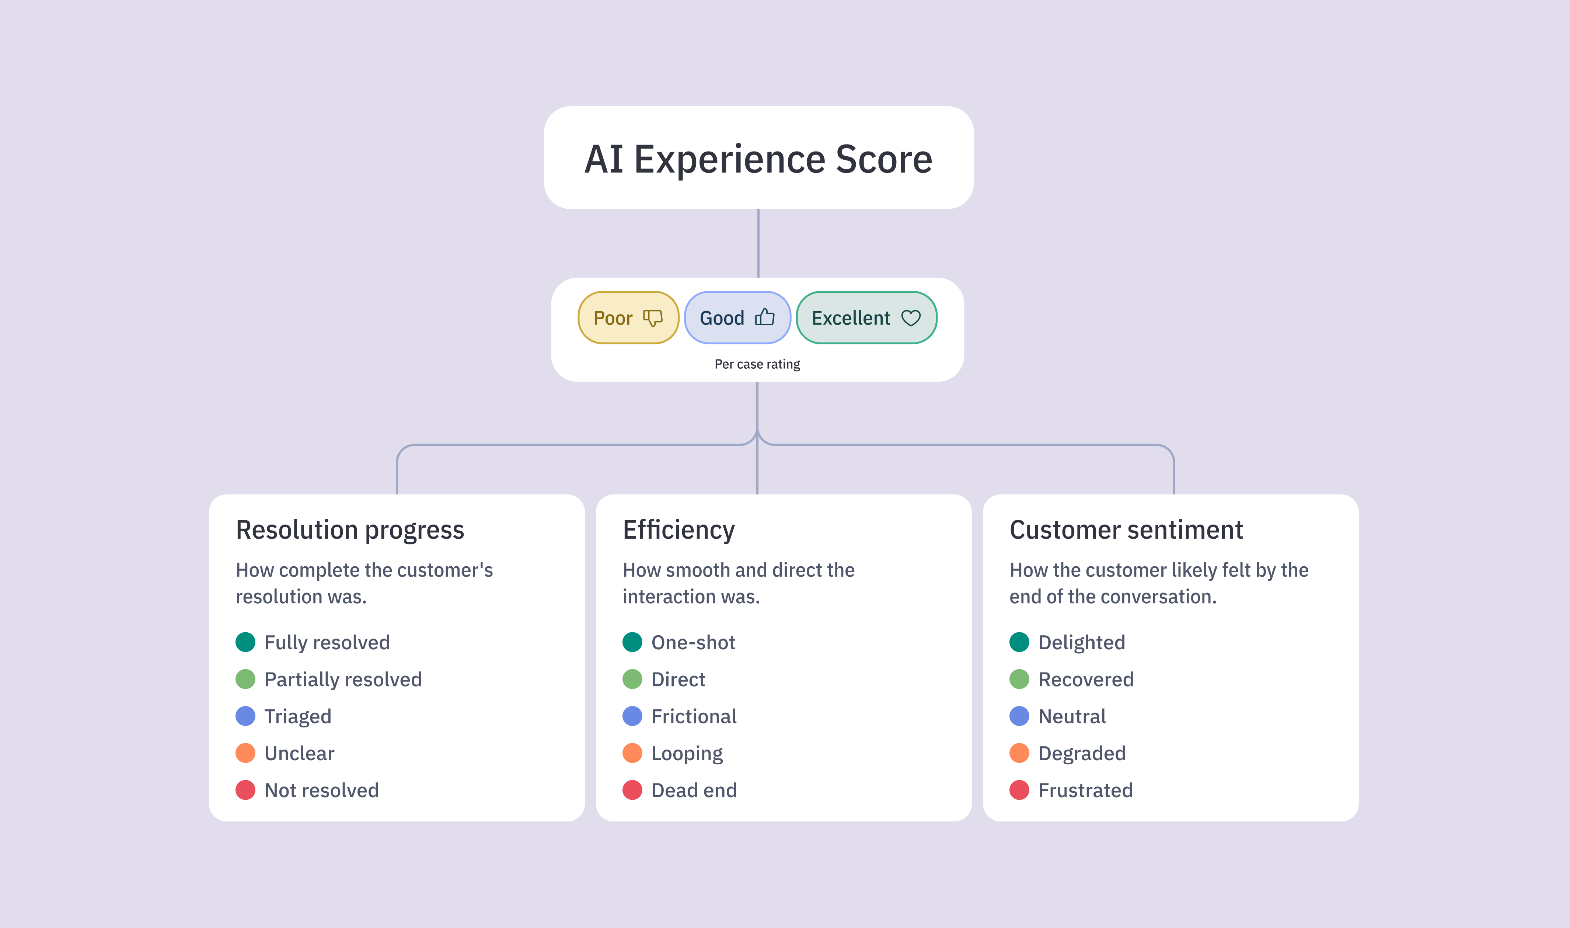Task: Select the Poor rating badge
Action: click(628, 318)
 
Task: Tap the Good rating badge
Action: click(737, 318)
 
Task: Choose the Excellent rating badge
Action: click(866, 318)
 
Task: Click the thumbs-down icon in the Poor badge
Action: click(652, 318)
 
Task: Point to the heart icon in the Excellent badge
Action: click(911, 318)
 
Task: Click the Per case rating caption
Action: click(757, 364)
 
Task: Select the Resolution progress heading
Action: click(350, 530)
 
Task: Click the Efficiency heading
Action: click(679, 530)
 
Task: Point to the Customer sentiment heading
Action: click(1126, 530)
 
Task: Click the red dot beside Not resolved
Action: click(245, 790)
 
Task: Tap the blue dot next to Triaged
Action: click(245, 716)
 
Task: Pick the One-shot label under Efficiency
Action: click(693, 642)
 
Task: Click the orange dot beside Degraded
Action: click(1019, 753)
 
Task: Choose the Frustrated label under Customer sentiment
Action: click(1086, 790)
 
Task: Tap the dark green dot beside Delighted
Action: click(1019, 642)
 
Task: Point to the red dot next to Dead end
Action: click(632, 790)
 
